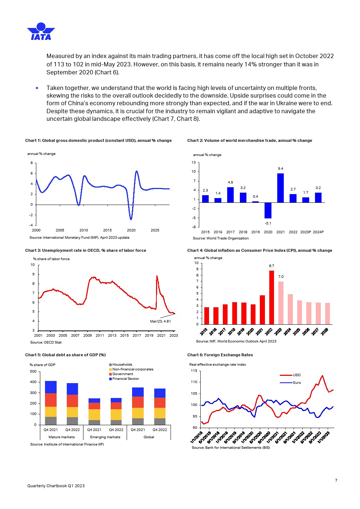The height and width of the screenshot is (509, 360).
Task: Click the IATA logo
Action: pyautogui.click(x=41, y=32)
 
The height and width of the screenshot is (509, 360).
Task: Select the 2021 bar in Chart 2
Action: pyautogui.click(x=281, y=188)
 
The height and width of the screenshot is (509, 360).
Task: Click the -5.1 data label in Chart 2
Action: pyautogui.click(x=268, y=223)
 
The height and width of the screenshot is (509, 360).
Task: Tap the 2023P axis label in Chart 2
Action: pyautogui.click(x=306, y=232)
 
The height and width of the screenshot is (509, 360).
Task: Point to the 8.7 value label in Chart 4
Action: pyautogui.click(x=271, y=266)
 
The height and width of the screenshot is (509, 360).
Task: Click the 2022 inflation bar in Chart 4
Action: pyautogui.click(x=271, y=297)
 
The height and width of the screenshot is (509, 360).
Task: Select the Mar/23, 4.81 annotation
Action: pyautogui.click(x=160, y=321)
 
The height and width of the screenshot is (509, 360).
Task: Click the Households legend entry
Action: pyautogui.click(x=122, y=365)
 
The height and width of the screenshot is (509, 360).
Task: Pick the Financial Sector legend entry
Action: pyautogui.click(x=126, y=379)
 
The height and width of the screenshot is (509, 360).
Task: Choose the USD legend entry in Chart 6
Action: pyautogui.click(x=296, y=375)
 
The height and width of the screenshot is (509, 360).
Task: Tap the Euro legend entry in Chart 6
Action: pyautogui.click(x=297, y=383)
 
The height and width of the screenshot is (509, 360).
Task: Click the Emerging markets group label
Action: pyautogui.click(x=105, y=437)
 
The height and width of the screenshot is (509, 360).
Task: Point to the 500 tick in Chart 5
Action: pyautogui.click(x=33, y=372)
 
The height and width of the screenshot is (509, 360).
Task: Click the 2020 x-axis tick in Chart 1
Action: pyautogui.click(x=131, y=230)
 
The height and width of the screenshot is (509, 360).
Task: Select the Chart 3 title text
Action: pyautogui.click(x=86, y=250)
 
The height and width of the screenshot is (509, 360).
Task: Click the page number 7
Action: pyautogui.click(x=336, y=480)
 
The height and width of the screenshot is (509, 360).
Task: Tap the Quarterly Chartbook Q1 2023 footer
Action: pyautogui.click(x=56, y=486)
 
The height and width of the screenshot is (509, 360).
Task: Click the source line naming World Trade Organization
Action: pyautogui.click(x=221, y=238)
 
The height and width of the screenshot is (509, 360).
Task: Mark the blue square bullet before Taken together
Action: pyautogui.click(x=37, y=88)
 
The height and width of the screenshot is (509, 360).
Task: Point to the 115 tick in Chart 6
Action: pyautogui.click(x=194, y=371)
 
